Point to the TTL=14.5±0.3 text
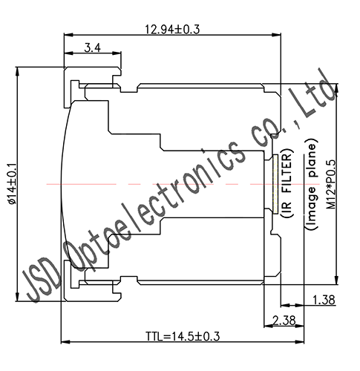[182, 335]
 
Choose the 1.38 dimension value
[324, 299]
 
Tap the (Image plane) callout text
[312, 183]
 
